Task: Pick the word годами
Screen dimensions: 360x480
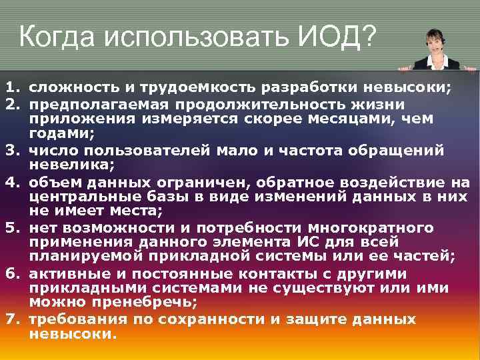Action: [57, 133]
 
